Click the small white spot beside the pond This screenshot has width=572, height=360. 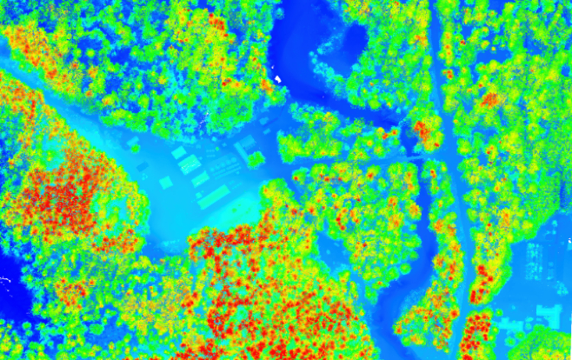coord(279,79)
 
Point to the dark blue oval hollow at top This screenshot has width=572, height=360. coord(354,39)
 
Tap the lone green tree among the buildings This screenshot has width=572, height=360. coord(256,159)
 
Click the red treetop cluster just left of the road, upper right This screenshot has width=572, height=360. coord(426,130)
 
